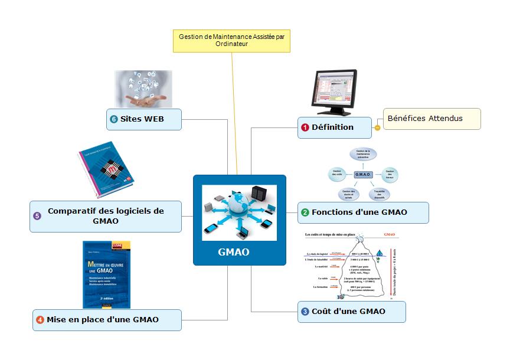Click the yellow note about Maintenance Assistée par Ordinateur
(x=231, y=40)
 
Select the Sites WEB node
(x=144, y=119)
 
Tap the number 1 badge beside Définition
(x=305, y=127)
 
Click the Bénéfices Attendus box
(x=431, y=119)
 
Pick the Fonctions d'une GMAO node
(x=362, y=212)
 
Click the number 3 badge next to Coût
(x=305, y=312)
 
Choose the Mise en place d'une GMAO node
(x=106, y=320)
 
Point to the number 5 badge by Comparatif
(x=37, y=216)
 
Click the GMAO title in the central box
(x=234, y=252)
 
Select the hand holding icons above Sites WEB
(x=143, y=89)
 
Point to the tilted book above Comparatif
(x=107, y=170)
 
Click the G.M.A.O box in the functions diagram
(x=362, y=175)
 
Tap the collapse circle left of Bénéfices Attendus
(x=377, y=127)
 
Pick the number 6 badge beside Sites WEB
(x=114, y=119)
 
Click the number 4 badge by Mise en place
(x=40, y=320)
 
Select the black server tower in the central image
(x=259, y=194)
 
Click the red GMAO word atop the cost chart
(x=389, y=235)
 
